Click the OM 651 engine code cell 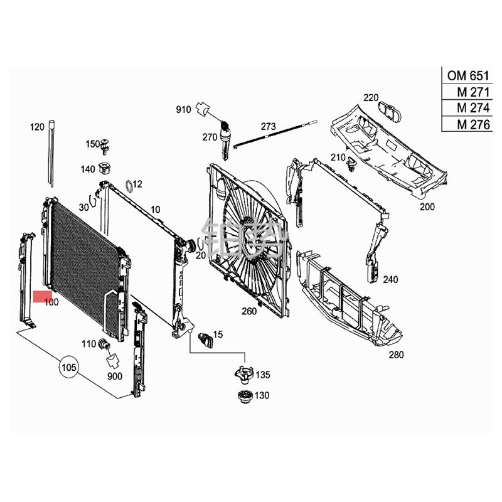point(467,76)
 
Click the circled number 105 point(69,366)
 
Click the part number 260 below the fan point(250,311)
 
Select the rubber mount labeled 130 point(243,397)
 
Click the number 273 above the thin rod point(269,125)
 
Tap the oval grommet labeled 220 point(393,114)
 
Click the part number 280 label point(396,355)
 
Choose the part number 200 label point(427,206)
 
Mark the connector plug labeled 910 point(203,109)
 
